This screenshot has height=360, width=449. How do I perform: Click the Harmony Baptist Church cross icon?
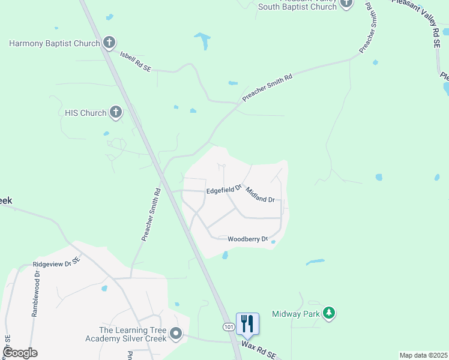[109, 43]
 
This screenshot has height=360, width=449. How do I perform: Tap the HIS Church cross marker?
[116, 112]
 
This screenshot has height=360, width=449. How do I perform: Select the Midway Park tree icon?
[328, 313]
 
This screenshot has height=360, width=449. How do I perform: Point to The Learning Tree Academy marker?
[176, 333]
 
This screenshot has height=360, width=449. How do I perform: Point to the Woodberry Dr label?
[247, 239]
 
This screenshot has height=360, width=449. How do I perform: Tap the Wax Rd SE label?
[258, 347]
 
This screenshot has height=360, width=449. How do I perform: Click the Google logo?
[19, 353]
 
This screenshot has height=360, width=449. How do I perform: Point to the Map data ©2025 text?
[423, 355]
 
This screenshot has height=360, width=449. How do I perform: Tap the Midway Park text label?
[297, 313]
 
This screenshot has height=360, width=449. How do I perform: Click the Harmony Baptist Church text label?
[53, 43]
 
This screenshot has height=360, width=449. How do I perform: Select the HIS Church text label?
[85, 113]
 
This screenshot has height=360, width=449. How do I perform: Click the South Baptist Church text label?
[297, 7]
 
